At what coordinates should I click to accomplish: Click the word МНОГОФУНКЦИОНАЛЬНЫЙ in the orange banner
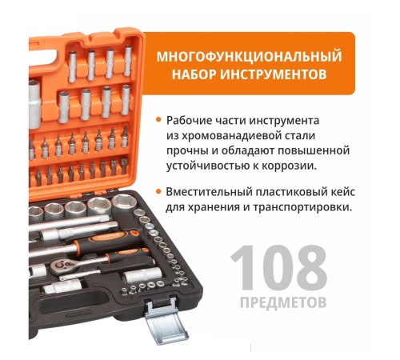(249, 57)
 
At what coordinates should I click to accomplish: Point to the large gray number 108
(279, 267)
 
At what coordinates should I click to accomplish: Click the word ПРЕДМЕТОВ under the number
(283, 302)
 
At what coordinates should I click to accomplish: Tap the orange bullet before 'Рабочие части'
(158, 120)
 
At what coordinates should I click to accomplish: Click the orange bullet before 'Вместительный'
(158, 191)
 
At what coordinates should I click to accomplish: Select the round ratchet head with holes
(61, 266)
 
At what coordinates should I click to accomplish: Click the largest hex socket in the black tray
(123, 204)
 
